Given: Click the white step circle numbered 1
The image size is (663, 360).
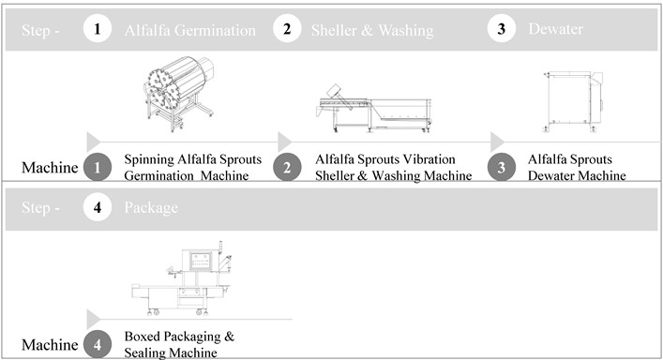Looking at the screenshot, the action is [x=98, y=29].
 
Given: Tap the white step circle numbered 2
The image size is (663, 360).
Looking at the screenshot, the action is [x=287, y=29].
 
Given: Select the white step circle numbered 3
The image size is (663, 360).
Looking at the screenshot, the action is [x=501, y=29].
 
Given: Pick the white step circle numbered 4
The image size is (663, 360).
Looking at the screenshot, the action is [x=98, y=207].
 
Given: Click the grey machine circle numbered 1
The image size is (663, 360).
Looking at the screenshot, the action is [x=98, y=167].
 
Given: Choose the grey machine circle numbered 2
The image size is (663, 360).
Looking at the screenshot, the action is [x=287, y=167].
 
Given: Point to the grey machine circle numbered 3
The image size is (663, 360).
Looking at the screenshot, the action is [x=501, y=167].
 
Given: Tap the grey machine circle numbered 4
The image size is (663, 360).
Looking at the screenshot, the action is [x=98, y=344].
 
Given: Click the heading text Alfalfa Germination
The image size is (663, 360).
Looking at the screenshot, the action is [x=189, y=30].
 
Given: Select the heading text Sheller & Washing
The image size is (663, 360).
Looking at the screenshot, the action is [x=372, y=30].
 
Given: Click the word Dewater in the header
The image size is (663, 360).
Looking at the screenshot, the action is [x=555, y=29].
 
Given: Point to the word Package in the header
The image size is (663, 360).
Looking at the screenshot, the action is [x=151, y=208].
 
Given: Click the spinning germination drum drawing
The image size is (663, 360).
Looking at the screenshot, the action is [x=179, y=94].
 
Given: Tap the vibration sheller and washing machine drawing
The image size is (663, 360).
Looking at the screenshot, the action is [x=374, y=108].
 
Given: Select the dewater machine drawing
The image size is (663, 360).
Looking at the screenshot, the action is [x=573, y=102].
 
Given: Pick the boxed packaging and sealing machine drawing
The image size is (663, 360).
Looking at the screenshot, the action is [x=182, y=278].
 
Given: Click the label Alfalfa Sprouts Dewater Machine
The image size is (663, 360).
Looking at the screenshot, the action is [x=577, y=167].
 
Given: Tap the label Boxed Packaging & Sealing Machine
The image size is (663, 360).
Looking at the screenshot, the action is [x=179, y=344].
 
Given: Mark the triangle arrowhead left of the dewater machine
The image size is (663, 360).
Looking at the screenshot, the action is [x=497, y=142].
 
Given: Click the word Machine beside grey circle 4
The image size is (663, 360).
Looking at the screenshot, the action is [x=50, y=344].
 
